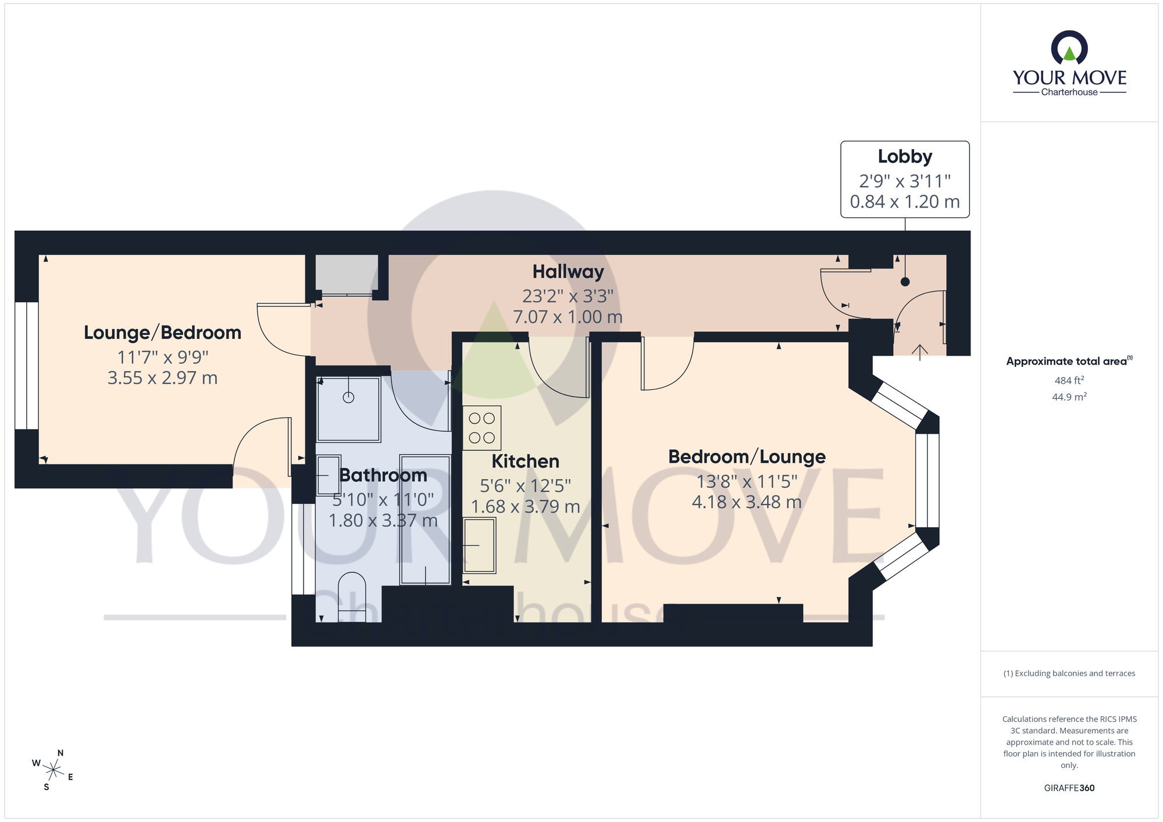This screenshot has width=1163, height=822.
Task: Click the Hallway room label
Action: pyautogui.click(x=568, y=271)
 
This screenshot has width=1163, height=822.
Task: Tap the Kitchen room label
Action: pyautogui.click(x=525, y=461)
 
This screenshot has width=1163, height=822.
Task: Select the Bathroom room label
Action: pyautogui.click(x=383, y=475)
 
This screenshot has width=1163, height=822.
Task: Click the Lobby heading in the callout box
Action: pyautogui.click(x=905, y=156)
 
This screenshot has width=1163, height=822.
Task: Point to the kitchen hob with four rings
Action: pyautogui.click(x=481, y=428)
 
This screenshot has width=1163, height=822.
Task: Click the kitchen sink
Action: pyautogui.click(x=480, y=545)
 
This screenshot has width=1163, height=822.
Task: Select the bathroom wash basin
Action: pyautogui.click(x=329, y=475)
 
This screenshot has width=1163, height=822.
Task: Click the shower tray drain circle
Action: pyautogui.click(x=348, y=398)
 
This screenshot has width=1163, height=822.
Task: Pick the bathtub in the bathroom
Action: pyautogui.click(x=425, y=519)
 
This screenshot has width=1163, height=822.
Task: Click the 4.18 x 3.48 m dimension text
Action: pyautogui.click(x=747, y=502)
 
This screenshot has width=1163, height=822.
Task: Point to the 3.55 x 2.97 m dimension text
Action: pyautogui.click(x=162, y=378)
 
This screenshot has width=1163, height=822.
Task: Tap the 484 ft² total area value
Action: pyautogui.click(x=1069, y=380)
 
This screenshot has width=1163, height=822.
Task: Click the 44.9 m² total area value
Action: pyautogui.click(x=1069, y=397)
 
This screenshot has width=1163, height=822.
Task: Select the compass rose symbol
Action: pyautogui.click(x=53, y=771)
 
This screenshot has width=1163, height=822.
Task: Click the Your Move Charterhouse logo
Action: pyautogui.click(x=1069, y=64)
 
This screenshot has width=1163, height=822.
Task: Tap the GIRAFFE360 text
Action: pyautogui.click(x=1069, y=788)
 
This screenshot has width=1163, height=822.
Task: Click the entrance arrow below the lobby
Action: pyautogui.click(x=919, y=352)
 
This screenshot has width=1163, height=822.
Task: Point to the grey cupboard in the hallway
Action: pyautogui.click(x=347, y=274)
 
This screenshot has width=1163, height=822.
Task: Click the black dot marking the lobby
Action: pyautogui.click(x=905, y=282)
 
